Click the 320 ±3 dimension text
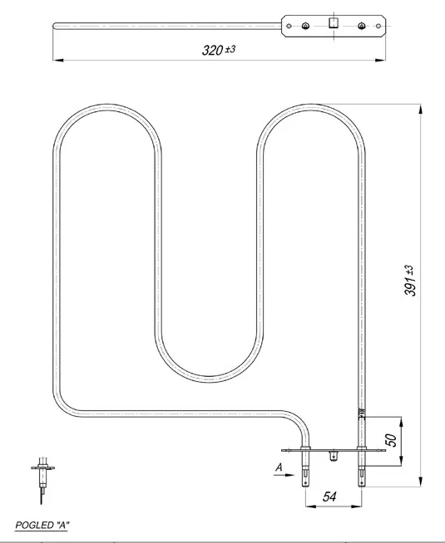tap(219, 50)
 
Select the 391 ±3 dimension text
tap(409, 281)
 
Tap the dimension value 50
tap(391, 440)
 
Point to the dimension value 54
tap(329, 497)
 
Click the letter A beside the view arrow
tap(279, 467)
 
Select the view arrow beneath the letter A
tap(284, 475)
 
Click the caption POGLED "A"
tap(42, 526)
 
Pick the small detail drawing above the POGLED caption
tap(42, 481)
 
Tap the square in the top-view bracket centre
tap(334, 23)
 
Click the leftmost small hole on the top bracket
tap(289, 26)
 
